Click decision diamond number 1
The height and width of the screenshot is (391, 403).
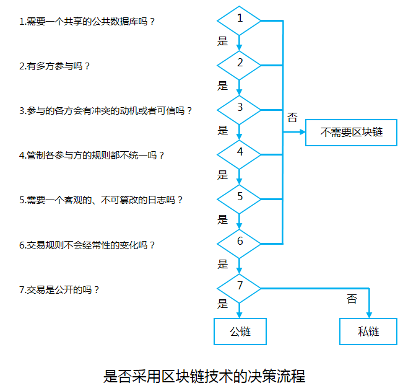point(240,20)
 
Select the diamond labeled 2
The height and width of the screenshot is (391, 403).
point(240,64)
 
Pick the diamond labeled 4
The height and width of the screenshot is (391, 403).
point(240,152)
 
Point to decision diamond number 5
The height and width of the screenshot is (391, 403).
point(240,197)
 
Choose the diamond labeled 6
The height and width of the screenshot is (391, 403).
point(240,242)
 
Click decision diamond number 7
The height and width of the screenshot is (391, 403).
point(240,287)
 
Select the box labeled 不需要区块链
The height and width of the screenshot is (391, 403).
point(351,132)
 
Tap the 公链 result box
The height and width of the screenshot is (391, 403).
point(240,331)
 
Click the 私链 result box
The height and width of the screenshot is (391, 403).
point(368,331)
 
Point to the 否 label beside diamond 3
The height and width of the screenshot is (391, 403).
point(292,117)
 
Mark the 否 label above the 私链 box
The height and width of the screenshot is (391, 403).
point(352,299)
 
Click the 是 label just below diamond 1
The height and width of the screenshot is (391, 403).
point(223,42)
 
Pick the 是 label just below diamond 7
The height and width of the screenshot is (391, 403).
point(223,304)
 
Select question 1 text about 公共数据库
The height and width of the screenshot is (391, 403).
point(86,22)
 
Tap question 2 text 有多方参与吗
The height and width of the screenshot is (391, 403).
point(54,66)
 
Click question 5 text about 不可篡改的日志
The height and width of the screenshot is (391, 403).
point(101,200)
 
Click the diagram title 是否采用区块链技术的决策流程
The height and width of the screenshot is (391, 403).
point(204,376)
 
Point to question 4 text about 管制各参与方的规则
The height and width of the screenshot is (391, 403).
point(92,155)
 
